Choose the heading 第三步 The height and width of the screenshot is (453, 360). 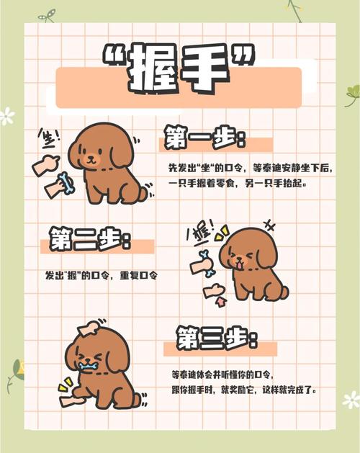point(216,336)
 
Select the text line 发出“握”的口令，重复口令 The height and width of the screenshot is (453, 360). point(101,276)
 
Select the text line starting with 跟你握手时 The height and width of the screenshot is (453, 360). point(245,390)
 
